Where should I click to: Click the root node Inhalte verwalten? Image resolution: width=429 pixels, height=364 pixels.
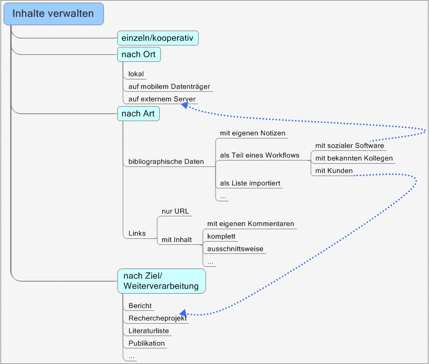pos(53,14)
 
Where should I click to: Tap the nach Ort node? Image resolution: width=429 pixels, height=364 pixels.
pos(139,55)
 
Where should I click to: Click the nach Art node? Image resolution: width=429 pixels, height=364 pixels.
pos(138,113)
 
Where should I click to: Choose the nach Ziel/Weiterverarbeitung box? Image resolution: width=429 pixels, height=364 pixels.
pos(161,281)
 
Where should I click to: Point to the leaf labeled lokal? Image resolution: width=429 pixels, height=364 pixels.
pos(136,74)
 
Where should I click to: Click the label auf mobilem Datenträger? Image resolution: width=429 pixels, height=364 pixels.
pos(169,86)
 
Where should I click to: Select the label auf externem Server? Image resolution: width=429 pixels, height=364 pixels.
pos(162,99)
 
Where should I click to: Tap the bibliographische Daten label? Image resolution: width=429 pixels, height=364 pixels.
pos(166,162)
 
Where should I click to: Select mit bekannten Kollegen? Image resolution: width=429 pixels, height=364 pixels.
pos(354,158)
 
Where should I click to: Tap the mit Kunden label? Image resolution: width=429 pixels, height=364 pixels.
pos(334,171)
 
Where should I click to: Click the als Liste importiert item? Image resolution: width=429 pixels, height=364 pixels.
pos(250,184)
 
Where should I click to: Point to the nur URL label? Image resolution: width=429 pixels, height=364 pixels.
pos(174,211)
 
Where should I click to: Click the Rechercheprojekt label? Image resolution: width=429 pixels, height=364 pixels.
pos(157,318)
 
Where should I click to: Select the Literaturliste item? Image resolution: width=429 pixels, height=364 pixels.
pos(149,331)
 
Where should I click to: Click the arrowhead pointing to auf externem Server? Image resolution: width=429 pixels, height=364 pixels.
pos(184,106)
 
